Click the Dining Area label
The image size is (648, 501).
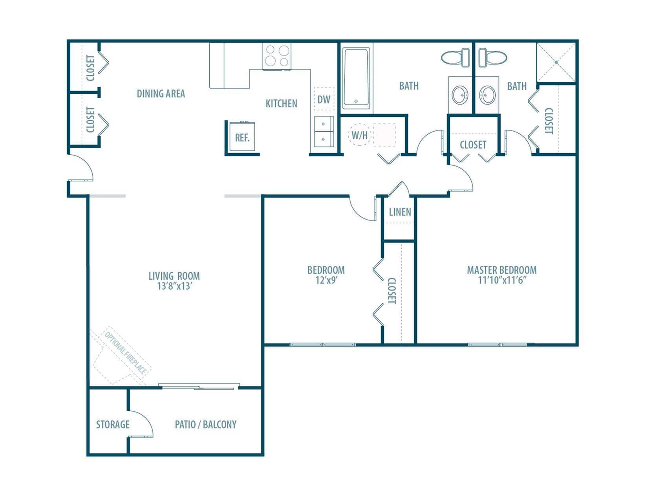click(x=161, y=94)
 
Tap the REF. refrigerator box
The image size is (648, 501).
click(x=242, y=138)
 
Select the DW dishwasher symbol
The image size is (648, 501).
click(x=324, y=99)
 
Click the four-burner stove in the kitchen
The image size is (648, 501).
click(x=277, y=55)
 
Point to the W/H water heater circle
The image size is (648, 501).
click(x=359, y=135)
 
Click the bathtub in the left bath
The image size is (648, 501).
click(x=356, y=78)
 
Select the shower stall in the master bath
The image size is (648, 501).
click(x=556, y=62)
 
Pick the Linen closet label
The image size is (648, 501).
click(x=400, y=212)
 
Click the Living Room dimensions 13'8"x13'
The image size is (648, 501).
click(x=174, y=286)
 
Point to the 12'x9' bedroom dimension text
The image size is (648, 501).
click(x=326, y=281)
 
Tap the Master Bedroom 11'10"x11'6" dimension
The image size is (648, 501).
click(x=502, y=281)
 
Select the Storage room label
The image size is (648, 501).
click(x=113, y=425)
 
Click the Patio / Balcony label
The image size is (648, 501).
click(x=205, y=425)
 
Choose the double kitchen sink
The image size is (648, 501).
click(x=324, y=131)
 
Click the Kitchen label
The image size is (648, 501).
click(x=281, y=104)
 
